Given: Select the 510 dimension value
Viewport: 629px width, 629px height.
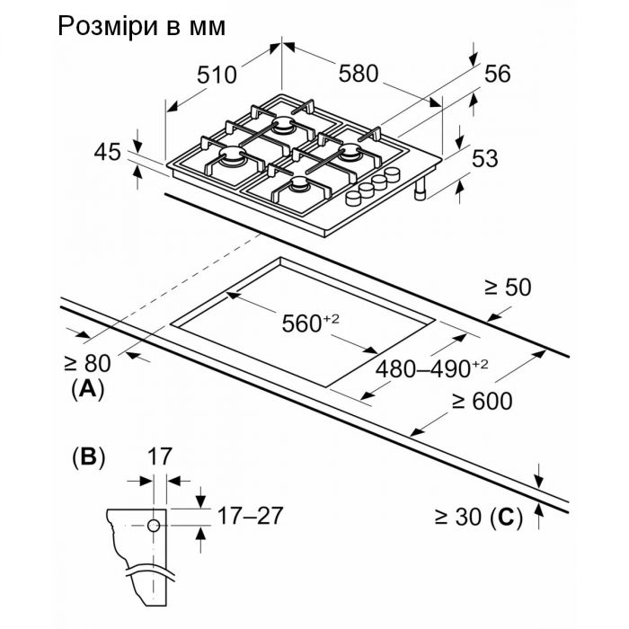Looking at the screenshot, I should click(217, 75).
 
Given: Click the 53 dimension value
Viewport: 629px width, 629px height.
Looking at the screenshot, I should click(485, 159).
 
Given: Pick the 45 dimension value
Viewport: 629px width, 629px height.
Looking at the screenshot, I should click(107, 153).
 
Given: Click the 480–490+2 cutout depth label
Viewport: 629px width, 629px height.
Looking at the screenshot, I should click(431, 368).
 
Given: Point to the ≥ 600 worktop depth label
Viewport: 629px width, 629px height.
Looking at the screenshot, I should click(482, 402).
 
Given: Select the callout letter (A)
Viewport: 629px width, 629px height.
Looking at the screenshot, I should click(87, 390).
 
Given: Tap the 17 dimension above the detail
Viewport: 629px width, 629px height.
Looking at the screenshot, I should click(158, 456).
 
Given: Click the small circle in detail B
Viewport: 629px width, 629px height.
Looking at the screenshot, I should click(155, 524).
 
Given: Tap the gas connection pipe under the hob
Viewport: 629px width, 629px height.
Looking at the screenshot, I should click(420, 188).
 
